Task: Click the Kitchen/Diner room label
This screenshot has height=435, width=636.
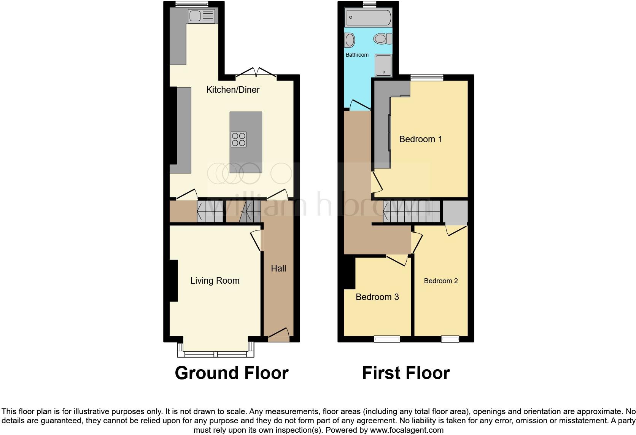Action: (233, 90)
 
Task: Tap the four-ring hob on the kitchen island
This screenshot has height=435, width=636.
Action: (238, 139)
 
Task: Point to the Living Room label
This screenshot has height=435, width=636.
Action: (215, 281)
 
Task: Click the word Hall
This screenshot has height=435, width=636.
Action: (278, 268)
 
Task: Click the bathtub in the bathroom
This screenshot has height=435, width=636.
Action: (368, 18)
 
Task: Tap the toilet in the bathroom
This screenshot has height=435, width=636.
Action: (382, 38)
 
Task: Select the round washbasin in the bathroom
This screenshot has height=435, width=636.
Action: (350, 40)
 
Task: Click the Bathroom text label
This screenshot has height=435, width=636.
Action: (357, 55)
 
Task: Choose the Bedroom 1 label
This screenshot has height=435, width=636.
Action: (421, 139)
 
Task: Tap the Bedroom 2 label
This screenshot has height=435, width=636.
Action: (441, 281)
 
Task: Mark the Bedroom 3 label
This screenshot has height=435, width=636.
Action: (377, 297)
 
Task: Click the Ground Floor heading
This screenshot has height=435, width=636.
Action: (232, 373)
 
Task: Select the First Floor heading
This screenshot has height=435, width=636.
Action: (406, 373)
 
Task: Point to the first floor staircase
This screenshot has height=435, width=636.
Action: (412, 211)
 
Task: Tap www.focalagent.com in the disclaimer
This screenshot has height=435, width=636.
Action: (407, 430)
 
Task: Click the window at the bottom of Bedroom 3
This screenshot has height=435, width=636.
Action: (387, 339)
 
